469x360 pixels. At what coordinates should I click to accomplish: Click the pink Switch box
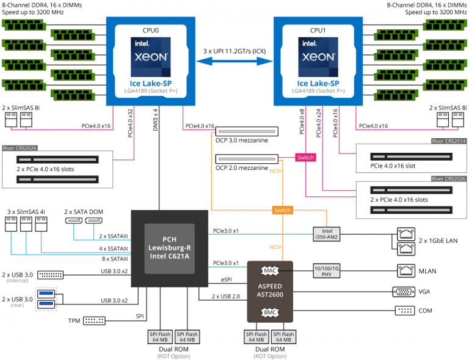click(305, 158)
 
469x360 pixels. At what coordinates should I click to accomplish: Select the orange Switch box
click(282, 210)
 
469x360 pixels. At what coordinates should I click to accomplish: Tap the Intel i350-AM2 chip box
click(327, 234)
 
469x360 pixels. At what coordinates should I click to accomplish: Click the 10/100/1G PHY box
click(327, 271)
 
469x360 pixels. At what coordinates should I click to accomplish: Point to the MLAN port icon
click(406, 271)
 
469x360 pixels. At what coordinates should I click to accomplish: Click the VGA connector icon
click(404, 292)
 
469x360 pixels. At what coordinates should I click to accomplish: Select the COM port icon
click(405, 310)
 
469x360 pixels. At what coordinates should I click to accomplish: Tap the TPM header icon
click(94, 321)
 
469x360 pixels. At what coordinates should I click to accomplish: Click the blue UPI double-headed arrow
click(234, 61)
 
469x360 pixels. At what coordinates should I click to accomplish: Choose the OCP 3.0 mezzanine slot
click(247, 131)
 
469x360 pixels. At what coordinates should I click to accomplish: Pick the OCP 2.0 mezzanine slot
click(247, 159)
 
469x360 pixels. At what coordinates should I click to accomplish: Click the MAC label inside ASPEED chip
click(270, 271)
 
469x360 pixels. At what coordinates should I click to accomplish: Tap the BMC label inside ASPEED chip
click(270, 312)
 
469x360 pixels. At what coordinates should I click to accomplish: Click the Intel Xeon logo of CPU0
click(151, 57)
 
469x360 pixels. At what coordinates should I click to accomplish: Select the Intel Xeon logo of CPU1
click(318, 57)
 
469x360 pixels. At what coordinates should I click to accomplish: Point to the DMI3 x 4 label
click(155, 120)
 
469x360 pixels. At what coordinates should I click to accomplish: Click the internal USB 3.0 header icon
click(50, 274)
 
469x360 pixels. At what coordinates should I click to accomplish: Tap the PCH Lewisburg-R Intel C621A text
click(170, 248)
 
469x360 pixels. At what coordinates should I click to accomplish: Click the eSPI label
click(227, 279)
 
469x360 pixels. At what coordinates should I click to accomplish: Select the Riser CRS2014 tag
click(449, 141)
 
